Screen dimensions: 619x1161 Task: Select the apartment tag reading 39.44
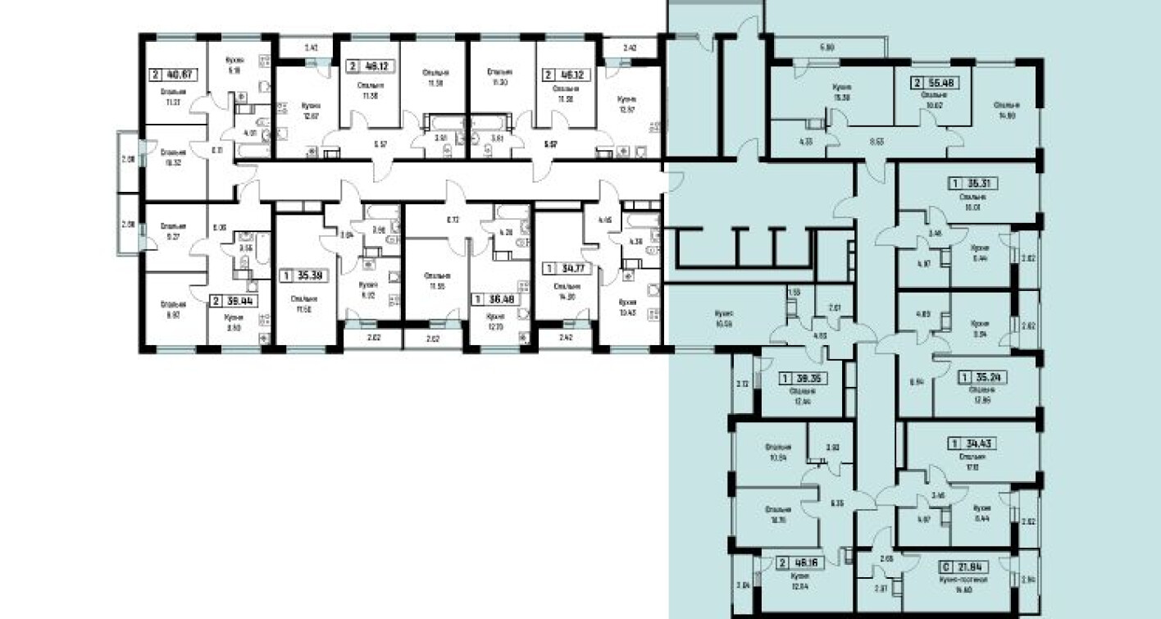(x=234, y=301)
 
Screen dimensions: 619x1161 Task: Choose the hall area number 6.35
(x=836, y=503)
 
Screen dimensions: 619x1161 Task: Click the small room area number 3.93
(x=832, y=448)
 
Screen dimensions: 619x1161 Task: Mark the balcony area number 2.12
(x=743, y=383)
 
